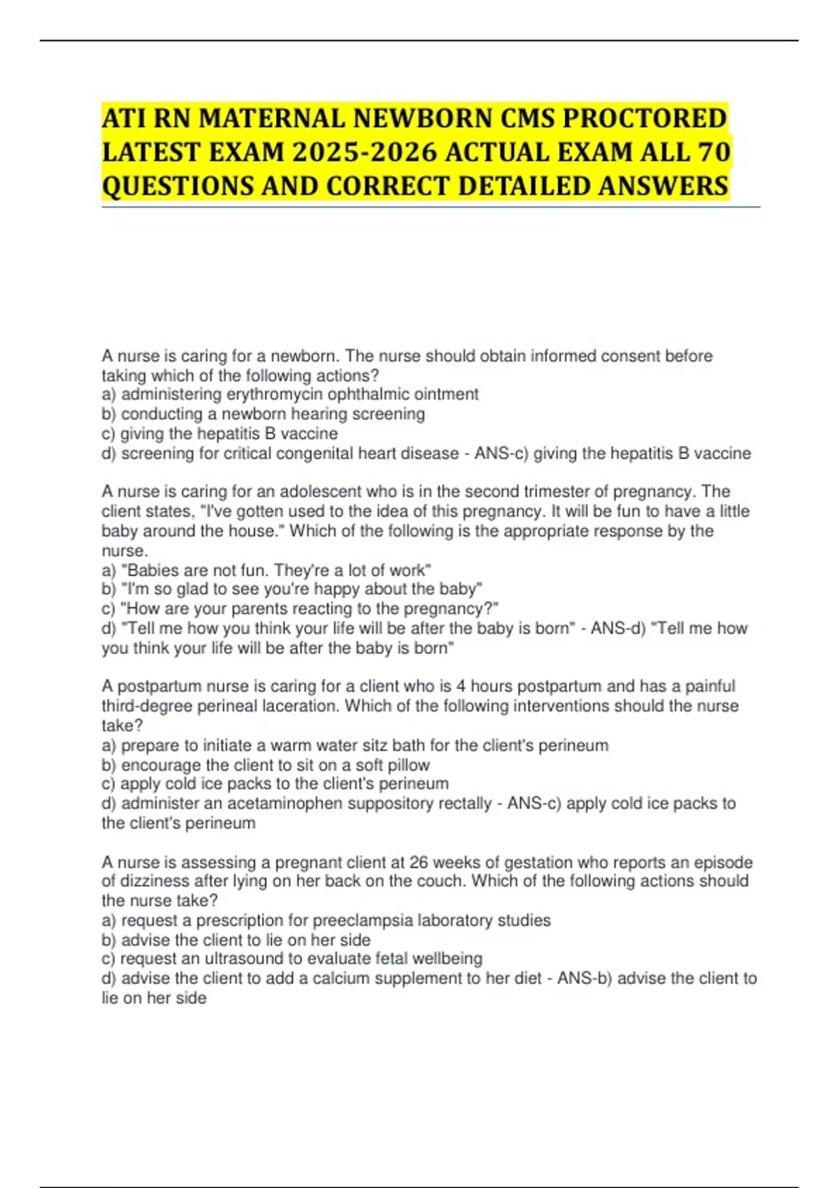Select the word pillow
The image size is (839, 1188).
408,765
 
